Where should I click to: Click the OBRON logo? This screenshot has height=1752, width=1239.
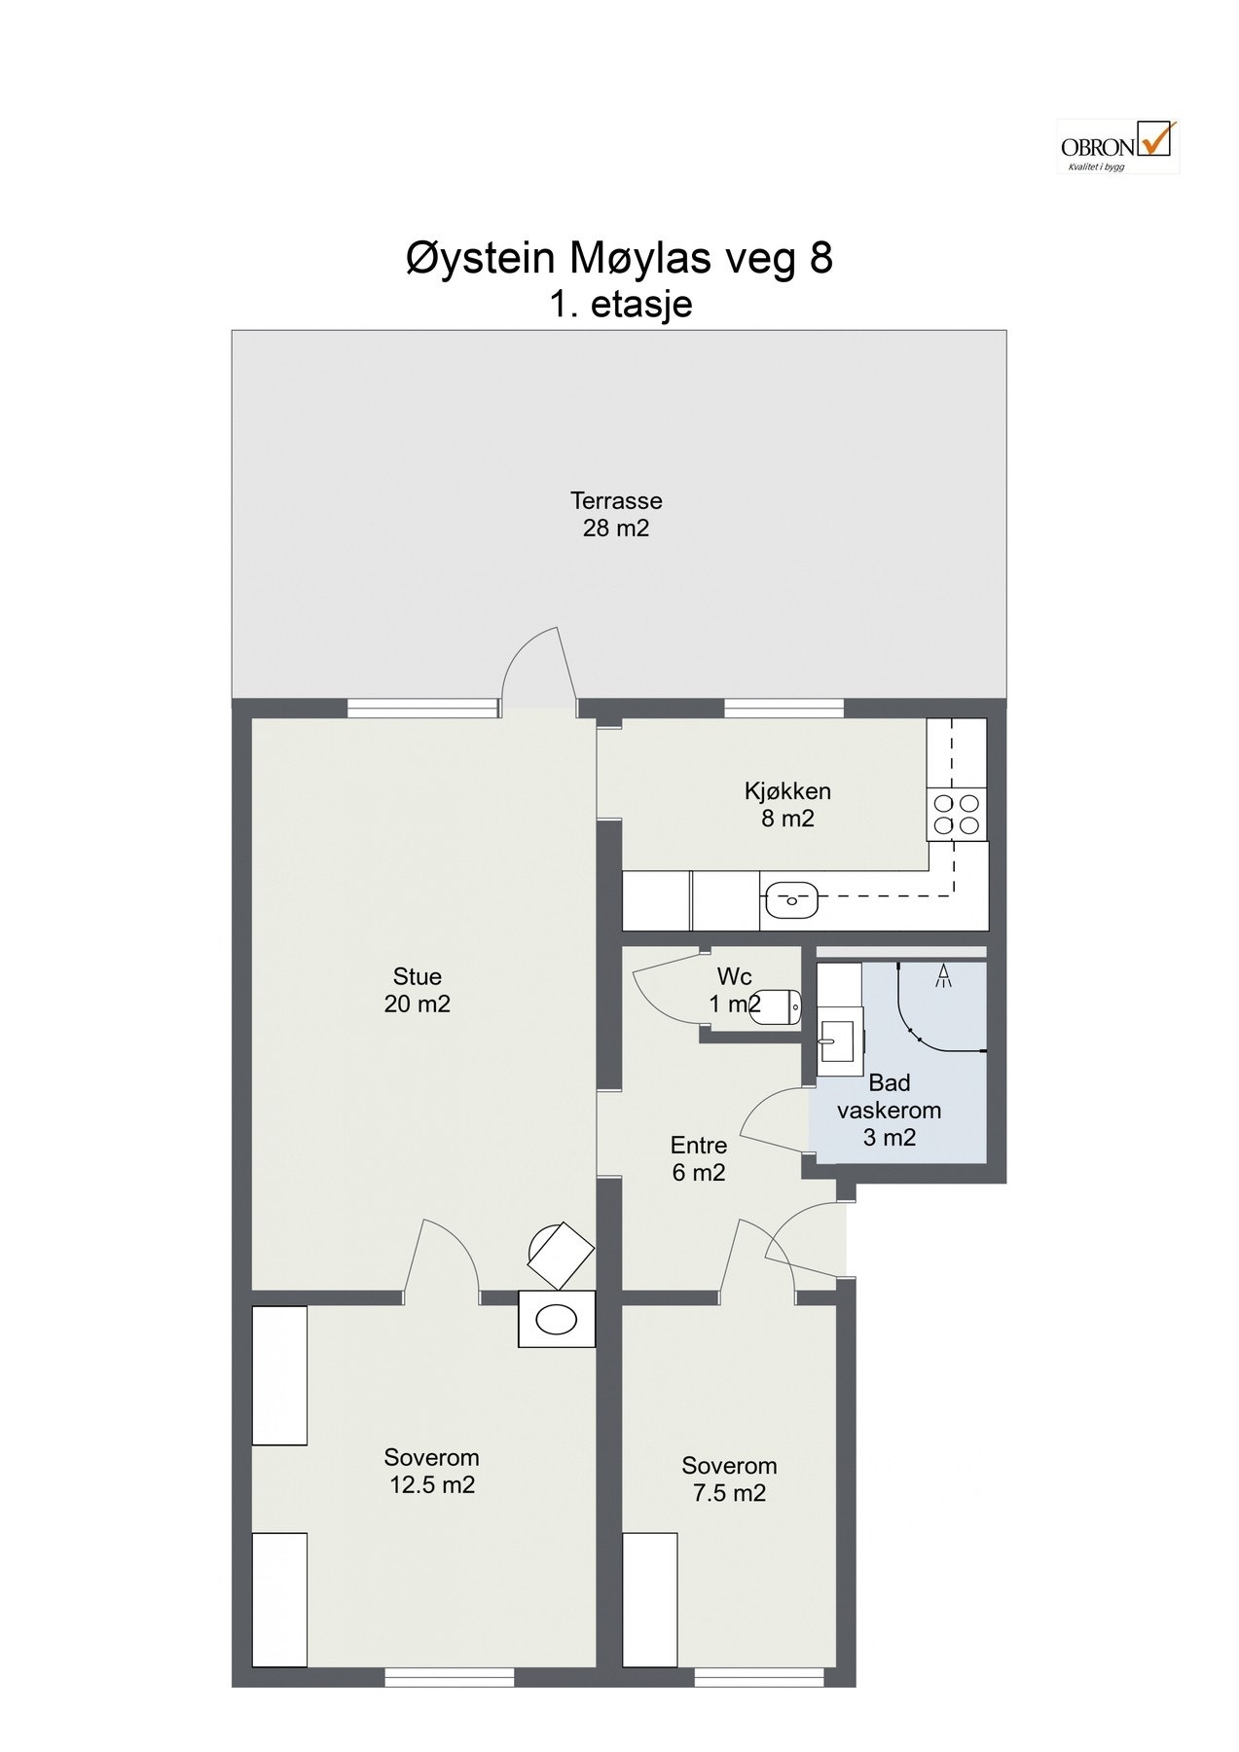(1117, 146)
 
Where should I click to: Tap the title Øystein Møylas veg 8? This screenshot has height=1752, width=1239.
(619, 259)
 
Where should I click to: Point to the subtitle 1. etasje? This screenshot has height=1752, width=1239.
(620, 305)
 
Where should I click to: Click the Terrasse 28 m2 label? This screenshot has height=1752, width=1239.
(616, 515)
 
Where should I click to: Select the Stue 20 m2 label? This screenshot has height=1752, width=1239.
(418, 990)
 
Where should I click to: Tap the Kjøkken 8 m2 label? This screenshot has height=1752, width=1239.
(788, 805)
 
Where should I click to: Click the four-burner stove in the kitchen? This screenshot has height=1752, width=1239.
(957, 815)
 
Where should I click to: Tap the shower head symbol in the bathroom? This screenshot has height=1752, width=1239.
(942, 976)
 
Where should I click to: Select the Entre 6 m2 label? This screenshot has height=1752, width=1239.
(699, 1158)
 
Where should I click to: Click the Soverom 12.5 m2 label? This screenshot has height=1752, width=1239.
(431, 1471)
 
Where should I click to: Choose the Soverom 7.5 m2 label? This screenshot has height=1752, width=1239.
(729, 1478)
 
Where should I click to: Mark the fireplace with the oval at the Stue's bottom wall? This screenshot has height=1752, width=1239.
(557, 1319)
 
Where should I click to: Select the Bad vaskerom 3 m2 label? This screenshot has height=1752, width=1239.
(890, 1110)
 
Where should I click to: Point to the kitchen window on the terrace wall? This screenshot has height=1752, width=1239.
(783, 709)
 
